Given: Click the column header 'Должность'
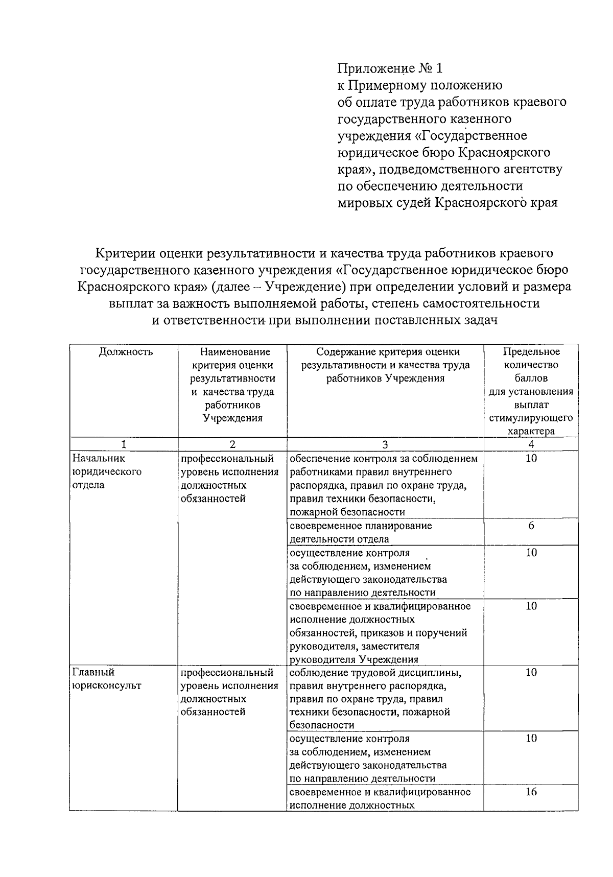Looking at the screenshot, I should pyautogui.click(x=125, y=352).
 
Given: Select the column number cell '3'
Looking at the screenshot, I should pyautogui.click(x=385, y=444).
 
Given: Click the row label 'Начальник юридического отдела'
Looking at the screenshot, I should pyautogui.click(x=106, y=471).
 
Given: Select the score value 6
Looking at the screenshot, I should pyautogui.click(x=531, y=526).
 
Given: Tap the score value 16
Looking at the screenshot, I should pyautogui.click(x=531, y=792).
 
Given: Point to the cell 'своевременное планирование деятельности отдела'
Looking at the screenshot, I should pyautogui.click(x=361, y=532).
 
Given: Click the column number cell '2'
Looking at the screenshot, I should pyautogui.click(x=232, y=444).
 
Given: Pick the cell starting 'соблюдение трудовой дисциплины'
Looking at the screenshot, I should pyautogui.click(x=375, y=698).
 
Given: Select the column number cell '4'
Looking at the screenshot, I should pyautogui.click(x=531, y=444).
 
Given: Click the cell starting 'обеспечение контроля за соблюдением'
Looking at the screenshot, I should pyautogui.click(x=383, y=485).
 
